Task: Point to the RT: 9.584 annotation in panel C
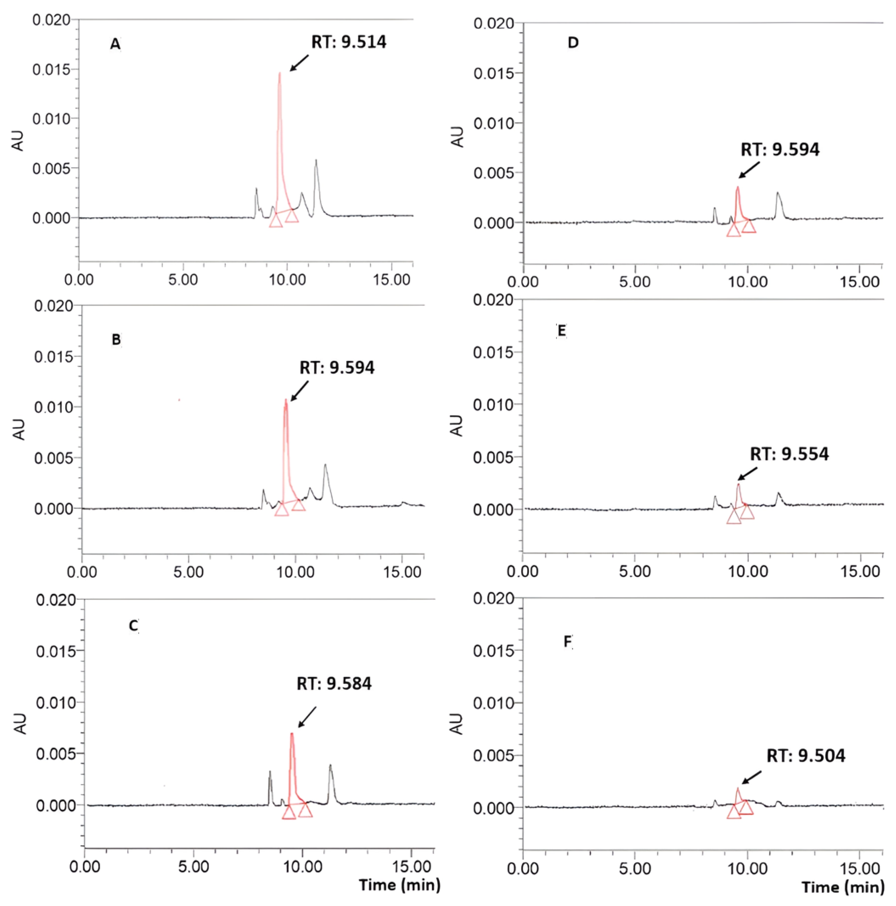(334, 684)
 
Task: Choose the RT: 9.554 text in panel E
(789, 454)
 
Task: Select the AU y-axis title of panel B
(19, 430)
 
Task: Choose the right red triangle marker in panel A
(292, 216)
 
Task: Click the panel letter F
(567, 641)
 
